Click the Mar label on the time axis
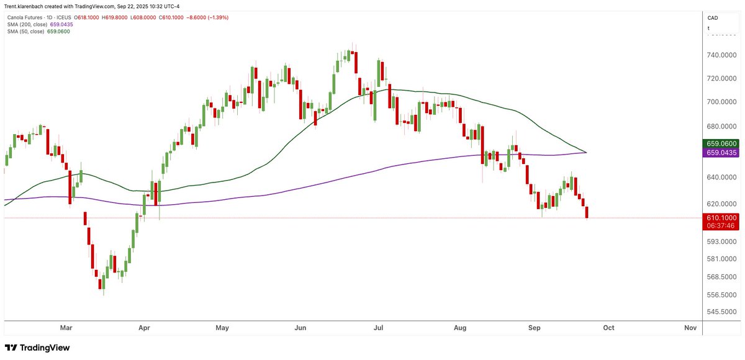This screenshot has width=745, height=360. [x=66, y=328]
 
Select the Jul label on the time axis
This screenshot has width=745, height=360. [x=378, y=328]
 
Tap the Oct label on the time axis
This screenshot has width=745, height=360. [x=608, y=328]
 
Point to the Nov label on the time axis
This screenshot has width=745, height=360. [x=690, y=328]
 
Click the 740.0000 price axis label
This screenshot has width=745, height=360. [x=721, y=55]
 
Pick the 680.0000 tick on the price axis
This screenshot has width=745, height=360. [x=721, y=127]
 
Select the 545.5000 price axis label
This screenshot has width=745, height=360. [x=721, y=312]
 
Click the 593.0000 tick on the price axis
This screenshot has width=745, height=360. [x=721, y=241]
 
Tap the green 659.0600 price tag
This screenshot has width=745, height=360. [x=721, y=143]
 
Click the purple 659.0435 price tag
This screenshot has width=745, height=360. [x=721, y=153]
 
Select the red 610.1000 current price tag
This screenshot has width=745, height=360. [x=721, y=218]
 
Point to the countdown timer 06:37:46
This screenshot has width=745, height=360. [x=721, y=226]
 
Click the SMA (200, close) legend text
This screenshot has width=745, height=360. [x=27, y=25]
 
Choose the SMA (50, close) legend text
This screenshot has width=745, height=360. [x=25, y=32]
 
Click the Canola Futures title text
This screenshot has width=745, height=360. [x=25, y=17]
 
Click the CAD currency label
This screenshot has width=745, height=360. [x=713, y=18]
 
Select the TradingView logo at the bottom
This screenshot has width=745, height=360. [x=37, y=348]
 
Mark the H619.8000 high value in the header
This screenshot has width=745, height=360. [x=114, y=17]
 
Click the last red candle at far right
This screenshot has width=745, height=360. [x=587, y=212]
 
